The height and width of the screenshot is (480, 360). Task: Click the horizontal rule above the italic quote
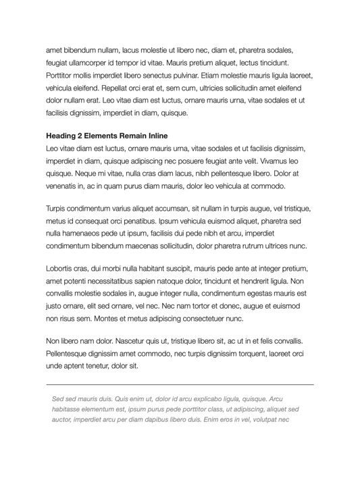pos(180,384)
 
